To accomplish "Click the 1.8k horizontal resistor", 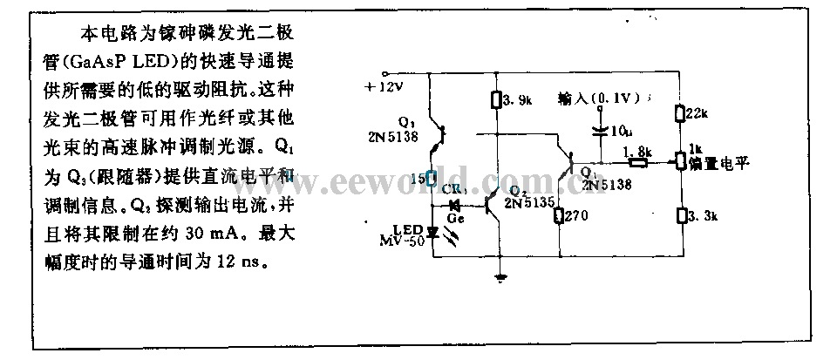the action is coord(638,161).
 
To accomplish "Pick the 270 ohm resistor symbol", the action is coord(558,214).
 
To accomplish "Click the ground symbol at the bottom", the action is coord(500,280).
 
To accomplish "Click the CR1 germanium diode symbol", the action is coord(453,206).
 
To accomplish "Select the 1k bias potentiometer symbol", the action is coord(678,161).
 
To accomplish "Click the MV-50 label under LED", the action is coord(402,240).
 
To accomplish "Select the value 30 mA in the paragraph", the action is coord(178,234).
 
